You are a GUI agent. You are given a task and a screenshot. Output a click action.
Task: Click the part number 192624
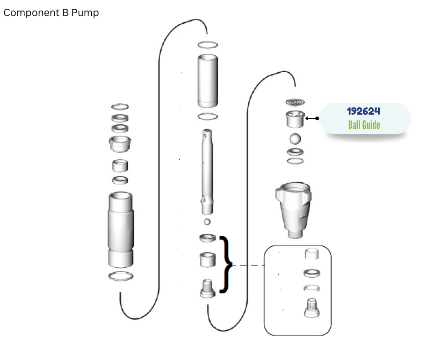pos(363,111)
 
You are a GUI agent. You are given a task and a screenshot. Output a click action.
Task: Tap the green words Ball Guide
pos(364,125)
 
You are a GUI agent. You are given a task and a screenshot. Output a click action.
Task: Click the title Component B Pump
pos(51,13)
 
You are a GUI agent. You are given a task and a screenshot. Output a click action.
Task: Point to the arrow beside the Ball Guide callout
pos(312,118)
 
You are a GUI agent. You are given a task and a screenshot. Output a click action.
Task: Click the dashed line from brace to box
pos(248,265)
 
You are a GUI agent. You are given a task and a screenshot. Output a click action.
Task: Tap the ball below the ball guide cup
pos(295,138)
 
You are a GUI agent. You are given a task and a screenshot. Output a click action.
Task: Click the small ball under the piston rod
pos(207,222)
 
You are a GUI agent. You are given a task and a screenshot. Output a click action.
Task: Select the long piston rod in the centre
pos(207,172)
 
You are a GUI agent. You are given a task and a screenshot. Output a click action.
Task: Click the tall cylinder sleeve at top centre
pos(208,81)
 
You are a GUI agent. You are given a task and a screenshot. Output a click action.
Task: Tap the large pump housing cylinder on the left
pos(120,230)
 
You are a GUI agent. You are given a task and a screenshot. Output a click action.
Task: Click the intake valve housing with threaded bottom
pos(293,210)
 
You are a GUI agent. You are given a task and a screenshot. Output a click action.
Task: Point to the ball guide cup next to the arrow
pos(295,119)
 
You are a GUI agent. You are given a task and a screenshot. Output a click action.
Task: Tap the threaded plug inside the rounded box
pos(312,308)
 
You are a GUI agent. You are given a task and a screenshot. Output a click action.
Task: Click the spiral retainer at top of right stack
pos(295,102)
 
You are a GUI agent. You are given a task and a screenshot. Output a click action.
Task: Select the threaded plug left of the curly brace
pos(208,288)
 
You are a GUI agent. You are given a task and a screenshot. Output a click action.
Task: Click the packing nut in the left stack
pos(120,144)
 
